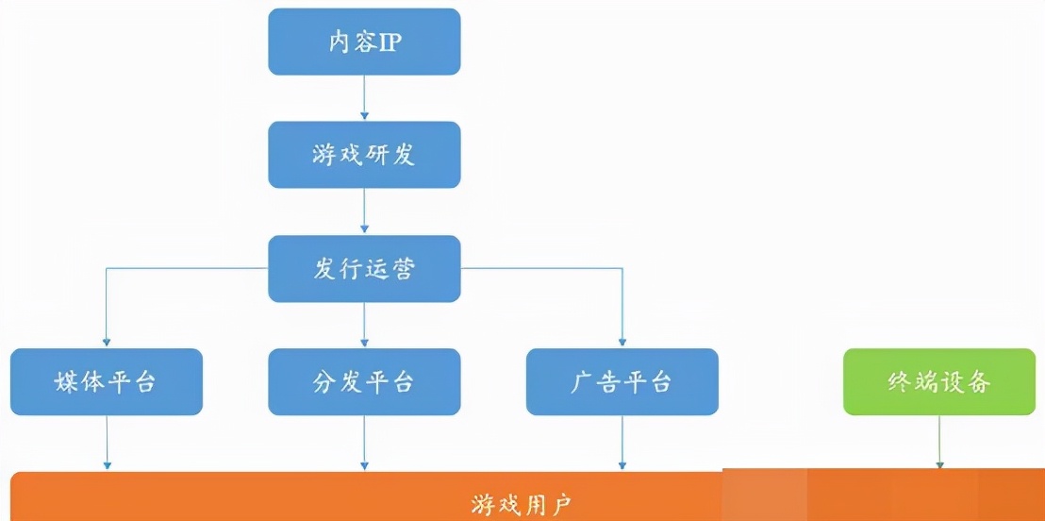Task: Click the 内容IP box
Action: [364, 42]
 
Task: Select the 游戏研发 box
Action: [364, 155]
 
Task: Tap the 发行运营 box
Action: [364, 269]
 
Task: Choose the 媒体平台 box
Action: [107, 382]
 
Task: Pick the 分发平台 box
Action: [364, 382]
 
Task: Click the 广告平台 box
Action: [622, 382]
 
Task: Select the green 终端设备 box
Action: [938, 382]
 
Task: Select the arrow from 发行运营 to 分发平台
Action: [364, 326]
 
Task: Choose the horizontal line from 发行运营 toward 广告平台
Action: [541, 269]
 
